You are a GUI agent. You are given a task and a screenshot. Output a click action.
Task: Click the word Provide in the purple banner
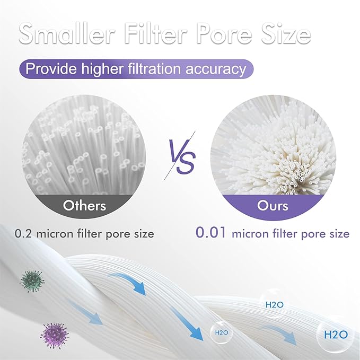click(x=51, y=69)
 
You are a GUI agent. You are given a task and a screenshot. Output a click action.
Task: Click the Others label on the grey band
click(x=85, y=206)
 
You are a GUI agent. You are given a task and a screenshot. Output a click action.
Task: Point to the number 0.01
click(x=212, y=233)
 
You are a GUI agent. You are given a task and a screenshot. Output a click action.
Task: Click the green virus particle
click(x=33, y=280)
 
